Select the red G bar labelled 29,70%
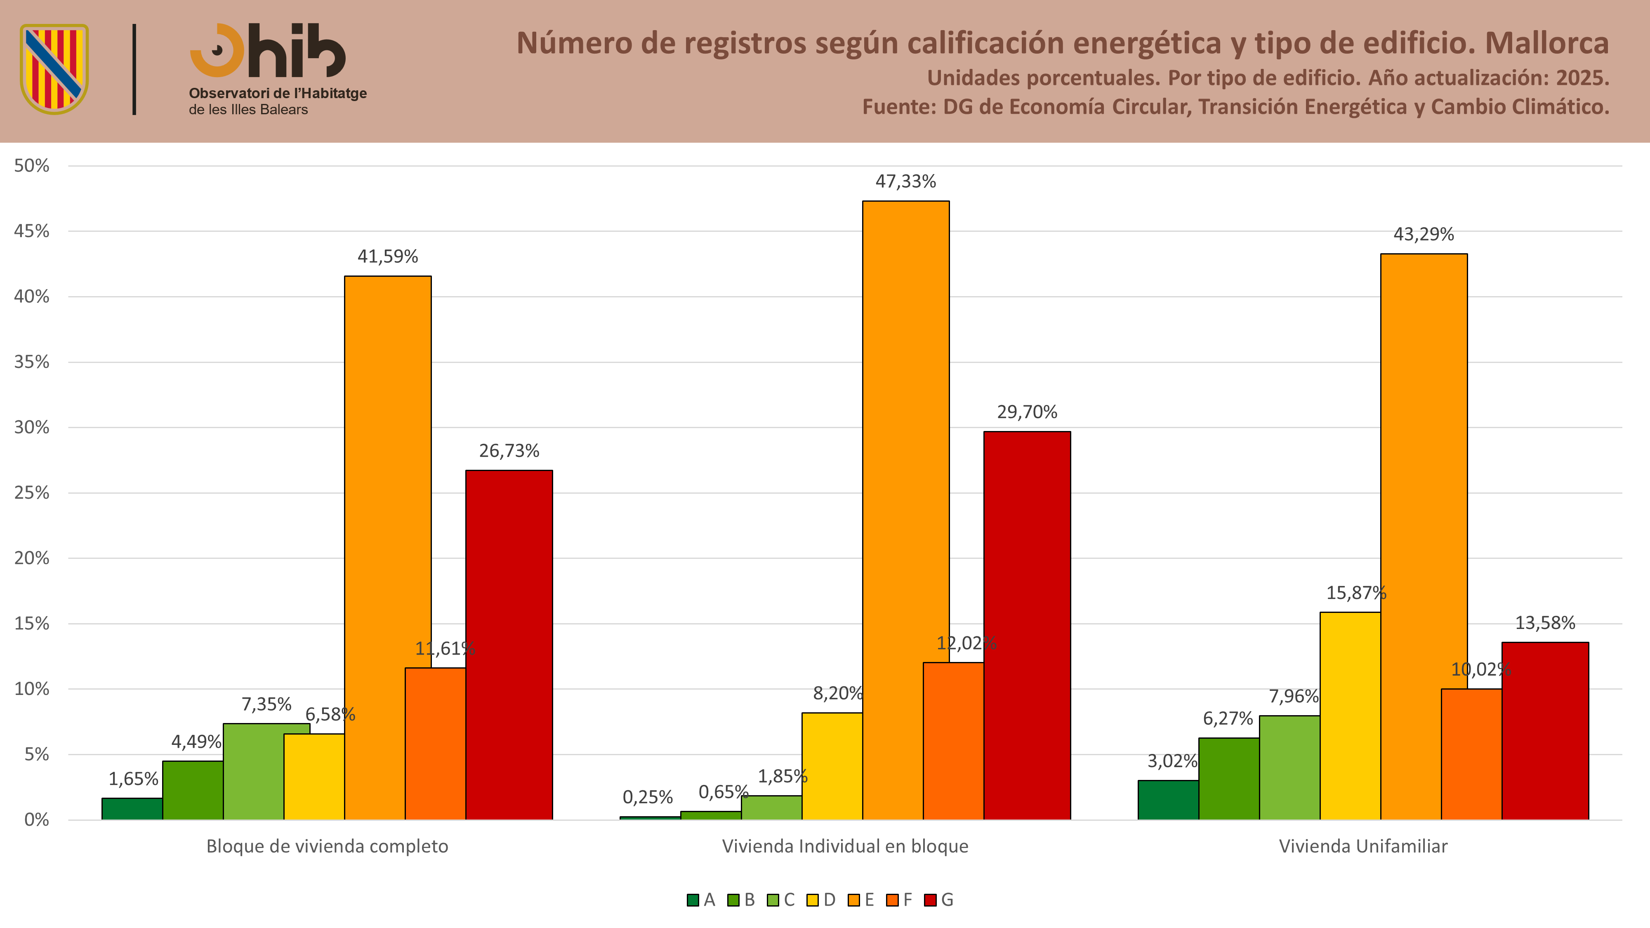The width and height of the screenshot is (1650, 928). [1027, 626]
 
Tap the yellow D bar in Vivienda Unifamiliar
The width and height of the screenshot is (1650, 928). [1350, 716]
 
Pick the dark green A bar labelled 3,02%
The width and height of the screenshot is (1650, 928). [1168, 800]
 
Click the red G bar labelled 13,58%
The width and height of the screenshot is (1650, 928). [1545, 731]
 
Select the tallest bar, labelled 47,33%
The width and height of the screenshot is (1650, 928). [906, 511]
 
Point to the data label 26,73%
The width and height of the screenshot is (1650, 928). [509, 451]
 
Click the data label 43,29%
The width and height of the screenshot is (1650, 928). [1424, 234]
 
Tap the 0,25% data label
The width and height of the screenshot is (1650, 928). [648, 797]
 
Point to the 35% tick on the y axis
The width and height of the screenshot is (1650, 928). [32, 362]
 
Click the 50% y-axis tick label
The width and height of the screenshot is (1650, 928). [32, 166]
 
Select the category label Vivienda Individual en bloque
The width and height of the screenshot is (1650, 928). [845, 847]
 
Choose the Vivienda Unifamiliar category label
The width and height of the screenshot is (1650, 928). [1363, 847]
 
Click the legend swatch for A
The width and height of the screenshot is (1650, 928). [693, 900]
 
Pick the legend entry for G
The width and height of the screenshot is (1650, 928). [939, 900]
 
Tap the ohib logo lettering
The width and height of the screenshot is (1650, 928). [268, 51]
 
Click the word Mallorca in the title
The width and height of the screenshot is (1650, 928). [1547, 44]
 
